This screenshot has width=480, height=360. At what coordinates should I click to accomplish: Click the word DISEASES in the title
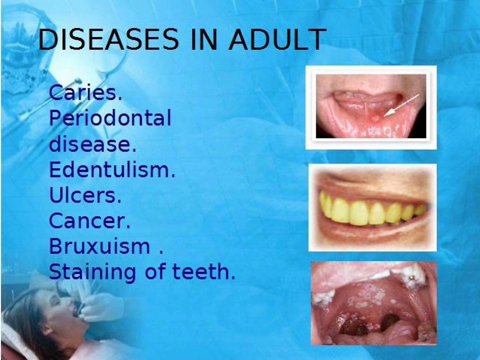point(108,39)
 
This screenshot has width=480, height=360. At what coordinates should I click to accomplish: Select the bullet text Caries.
point(85,92)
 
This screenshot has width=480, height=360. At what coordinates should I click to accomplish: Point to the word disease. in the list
point(93,144)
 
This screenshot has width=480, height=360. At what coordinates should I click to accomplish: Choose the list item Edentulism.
point(112,169)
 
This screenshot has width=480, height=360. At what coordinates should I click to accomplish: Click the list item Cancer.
point(89,220)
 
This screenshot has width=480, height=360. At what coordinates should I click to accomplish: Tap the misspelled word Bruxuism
point(99,246)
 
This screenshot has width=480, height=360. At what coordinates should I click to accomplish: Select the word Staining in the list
point(92,273)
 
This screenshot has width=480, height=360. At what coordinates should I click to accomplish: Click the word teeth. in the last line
point(204,272)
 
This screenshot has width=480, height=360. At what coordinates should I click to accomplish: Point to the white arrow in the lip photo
point(401,105)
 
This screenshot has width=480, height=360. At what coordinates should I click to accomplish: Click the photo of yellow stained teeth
point(372,207)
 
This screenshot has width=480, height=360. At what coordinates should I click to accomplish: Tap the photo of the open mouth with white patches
point(374,303)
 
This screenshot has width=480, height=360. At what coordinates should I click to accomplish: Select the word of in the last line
point(155,272)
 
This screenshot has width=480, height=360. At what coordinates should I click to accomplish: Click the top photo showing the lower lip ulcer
point(371,107)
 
